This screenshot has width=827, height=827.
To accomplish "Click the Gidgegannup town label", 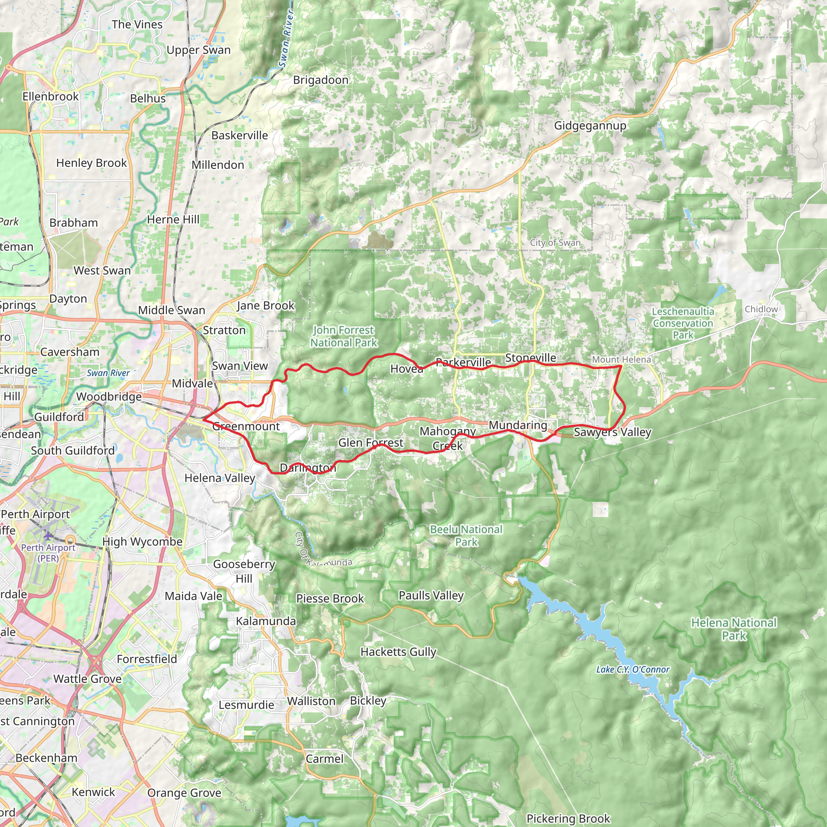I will [x=590, y=126].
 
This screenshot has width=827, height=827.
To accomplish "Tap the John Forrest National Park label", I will [x=344, y=336].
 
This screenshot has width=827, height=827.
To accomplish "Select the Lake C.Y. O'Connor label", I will [x=632, y=669].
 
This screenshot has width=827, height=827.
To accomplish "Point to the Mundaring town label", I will [x=518, y=425].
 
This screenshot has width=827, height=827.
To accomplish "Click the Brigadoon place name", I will [x=321, y=80].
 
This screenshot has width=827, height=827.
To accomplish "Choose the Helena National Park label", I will [x=734, y=629].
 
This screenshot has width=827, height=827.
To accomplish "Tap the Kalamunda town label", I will [x=266, y=621].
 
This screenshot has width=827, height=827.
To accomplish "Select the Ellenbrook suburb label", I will [x=50, y=97].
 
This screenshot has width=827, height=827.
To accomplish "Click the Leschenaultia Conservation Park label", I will [x=683, y=323].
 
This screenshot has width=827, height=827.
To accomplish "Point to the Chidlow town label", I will [x=761, y=309].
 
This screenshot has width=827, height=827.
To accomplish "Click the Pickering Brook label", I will [x=568, y=819].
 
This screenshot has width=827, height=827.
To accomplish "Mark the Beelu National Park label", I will [x=466, y=535].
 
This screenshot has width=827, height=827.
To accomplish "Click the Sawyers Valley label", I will [x=612, y=432].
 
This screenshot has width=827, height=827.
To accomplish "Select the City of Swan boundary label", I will [x=555, y=243].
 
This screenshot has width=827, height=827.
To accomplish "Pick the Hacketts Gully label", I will [x=398, y=652].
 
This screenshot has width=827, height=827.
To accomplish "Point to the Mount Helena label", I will [x=621, y=359].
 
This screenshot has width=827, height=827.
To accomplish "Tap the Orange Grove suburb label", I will [x=184, y=793].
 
